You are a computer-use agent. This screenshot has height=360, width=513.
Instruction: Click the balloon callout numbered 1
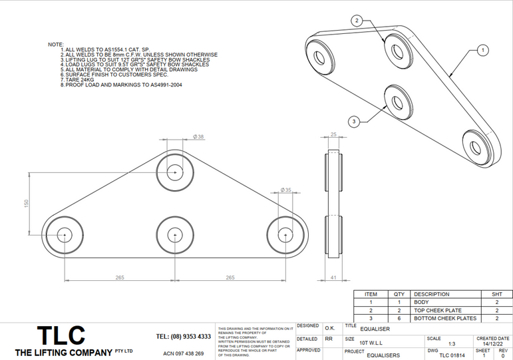[x=483, y=50]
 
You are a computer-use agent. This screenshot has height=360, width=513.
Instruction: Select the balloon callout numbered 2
[x=357, y=21]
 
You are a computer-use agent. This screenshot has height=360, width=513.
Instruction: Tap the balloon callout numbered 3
[x=354, y=121]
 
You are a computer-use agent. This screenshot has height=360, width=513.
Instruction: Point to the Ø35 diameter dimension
[x=286, y=190]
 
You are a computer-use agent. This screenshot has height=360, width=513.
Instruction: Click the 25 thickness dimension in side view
[x=333, y=135]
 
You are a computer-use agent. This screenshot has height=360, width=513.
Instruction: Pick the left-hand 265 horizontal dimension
[x=120, y=277]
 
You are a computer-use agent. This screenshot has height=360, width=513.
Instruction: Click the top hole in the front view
[x=175, y=172]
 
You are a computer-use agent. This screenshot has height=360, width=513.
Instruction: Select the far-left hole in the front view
[x=65, y=235]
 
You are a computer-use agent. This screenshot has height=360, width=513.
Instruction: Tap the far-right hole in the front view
[x=285, y=235]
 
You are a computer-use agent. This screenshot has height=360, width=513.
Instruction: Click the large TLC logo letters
[x=61, y=335]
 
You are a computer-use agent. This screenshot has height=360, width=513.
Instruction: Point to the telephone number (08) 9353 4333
[x=183, y=337]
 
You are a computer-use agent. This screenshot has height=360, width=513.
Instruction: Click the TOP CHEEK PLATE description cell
[x=437, y=310]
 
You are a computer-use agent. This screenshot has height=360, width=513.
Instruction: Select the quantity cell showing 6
[x=399, y=318]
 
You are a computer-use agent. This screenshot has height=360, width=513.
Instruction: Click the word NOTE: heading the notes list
[x=56, y=44]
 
